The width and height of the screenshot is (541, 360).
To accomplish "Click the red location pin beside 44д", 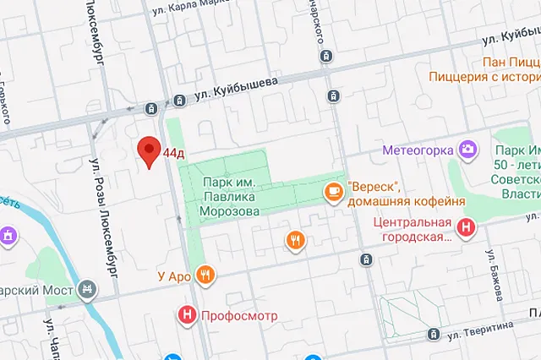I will coord(150,151).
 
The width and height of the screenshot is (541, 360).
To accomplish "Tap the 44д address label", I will coord(174,154).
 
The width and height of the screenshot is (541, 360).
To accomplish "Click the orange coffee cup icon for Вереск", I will coord(335,194).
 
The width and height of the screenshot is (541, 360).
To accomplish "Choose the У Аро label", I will coord(175,275).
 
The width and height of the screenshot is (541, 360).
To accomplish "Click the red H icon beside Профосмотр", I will coord(187,317).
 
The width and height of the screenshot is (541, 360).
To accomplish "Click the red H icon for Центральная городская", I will coord(466,226).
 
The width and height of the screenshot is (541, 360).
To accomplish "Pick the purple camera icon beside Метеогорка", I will coord(467,150).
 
